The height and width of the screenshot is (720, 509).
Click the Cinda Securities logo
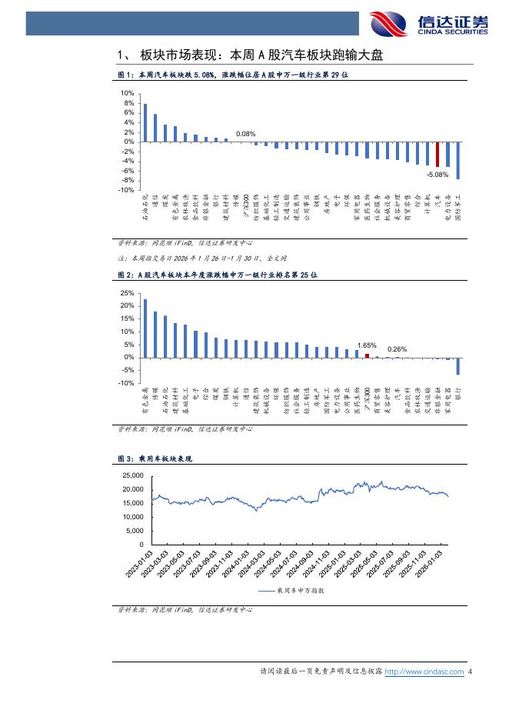(428, 23)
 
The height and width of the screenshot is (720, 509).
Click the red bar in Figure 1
(437, 154)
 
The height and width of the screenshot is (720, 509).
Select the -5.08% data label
(437, 175)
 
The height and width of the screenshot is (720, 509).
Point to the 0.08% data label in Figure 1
(245, 134)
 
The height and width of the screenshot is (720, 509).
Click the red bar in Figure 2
(367, 355)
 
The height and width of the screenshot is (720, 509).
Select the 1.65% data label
(367, 345)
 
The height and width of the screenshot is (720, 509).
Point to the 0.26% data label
(397, 349)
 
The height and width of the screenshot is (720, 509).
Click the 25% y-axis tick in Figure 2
(128, 293)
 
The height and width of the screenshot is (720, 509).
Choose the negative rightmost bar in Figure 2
(458, 366)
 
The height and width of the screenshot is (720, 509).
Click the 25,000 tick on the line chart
(134, 475)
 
